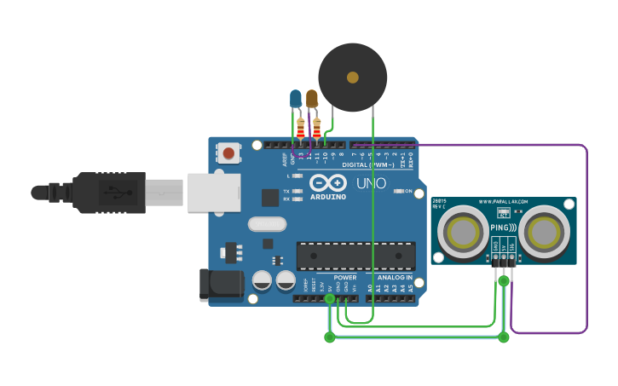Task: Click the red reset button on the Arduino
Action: pos(228,153)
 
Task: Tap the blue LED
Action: pos(296,99)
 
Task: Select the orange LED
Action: pos(312,99)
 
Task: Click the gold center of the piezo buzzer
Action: pos(353,78)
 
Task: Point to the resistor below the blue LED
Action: pos(300,129)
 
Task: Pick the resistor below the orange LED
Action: pos(317,129)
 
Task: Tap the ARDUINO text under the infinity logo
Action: pos(328,197)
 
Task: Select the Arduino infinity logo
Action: pos(327,182)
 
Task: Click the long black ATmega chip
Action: pos(355,256)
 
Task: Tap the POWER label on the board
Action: pos(345,278)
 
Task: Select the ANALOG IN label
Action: pos(395,278)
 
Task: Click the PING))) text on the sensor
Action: pos(503,228)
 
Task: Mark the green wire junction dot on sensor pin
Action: pos(504,280)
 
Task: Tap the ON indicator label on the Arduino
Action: pos(407,191)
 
